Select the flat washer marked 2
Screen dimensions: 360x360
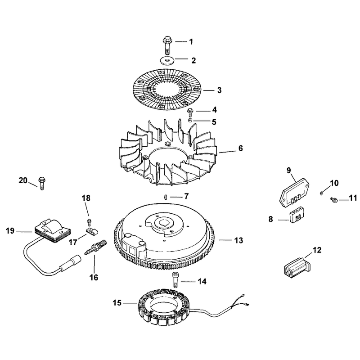[x=166, y=60]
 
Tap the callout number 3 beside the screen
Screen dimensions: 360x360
[x=220, y=90]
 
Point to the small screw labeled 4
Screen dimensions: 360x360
[x=190, y=112]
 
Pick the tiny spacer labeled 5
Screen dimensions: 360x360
[x=190, y=120]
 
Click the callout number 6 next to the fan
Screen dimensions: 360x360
[x=241, y=148]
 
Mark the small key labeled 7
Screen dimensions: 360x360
[x=165, y=197]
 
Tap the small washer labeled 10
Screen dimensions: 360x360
[x=321, y=193]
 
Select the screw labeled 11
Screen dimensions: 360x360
[x=333, y=200]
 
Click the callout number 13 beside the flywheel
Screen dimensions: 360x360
[x=238, y=240]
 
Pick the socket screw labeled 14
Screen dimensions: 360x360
[x=175, y=279]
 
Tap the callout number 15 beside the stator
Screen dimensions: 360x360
[x=117, y=303]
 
